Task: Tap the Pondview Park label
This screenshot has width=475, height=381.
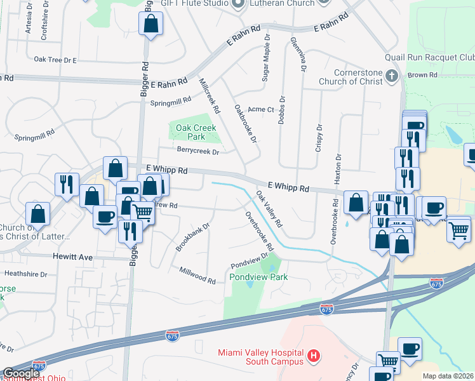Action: click(258, 277)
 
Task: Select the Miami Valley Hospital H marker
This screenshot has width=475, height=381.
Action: click(312, 356)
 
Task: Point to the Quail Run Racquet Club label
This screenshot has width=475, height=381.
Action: click(435, 58)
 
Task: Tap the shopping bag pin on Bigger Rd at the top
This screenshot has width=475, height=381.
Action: click(151, 25)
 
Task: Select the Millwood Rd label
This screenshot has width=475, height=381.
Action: click(197, 275)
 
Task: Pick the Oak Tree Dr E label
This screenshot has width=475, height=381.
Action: click(55, 60)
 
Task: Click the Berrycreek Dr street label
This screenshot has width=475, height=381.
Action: click(197, 152)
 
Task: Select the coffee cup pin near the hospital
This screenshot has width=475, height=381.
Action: click(410, 349)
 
